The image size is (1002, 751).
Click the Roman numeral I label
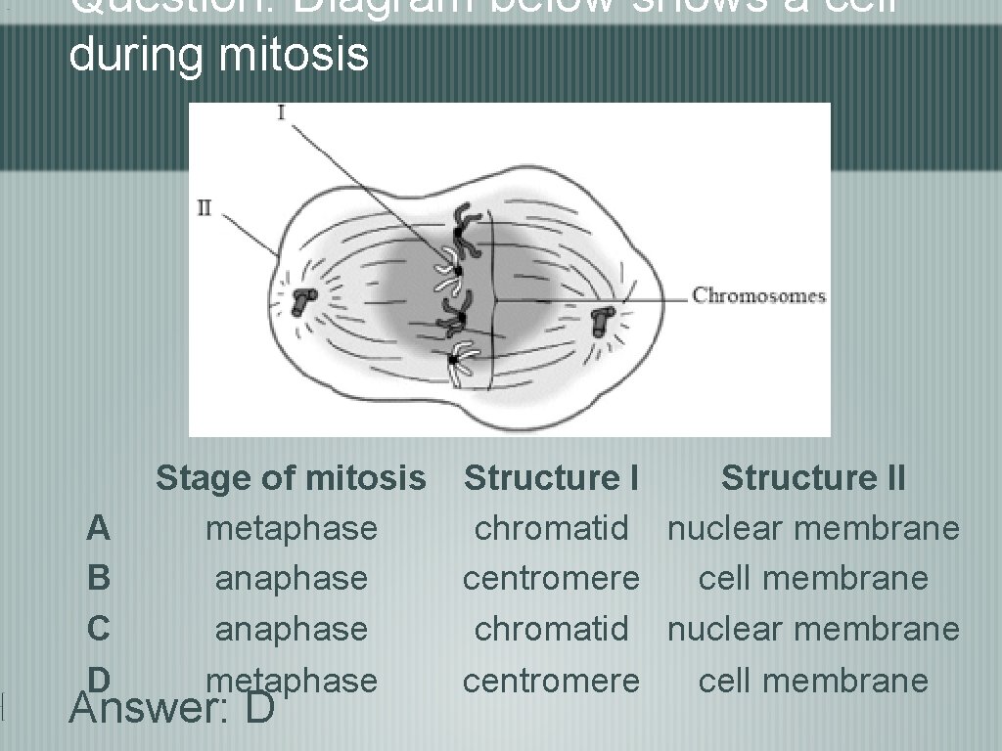tap(282, 112)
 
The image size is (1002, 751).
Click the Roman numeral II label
tap(205, 208)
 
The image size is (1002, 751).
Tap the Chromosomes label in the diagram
tap(759, 295)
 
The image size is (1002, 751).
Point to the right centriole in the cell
tap(603, 319)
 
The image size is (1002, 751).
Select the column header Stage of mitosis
tap(292, 478)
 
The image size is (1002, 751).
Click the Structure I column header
tap(551, 478)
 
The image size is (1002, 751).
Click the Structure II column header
tap(813, 478)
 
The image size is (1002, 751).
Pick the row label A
tap(98, 529)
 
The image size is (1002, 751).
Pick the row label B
tap(98, 579)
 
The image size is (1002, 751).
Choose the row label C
tap(98, 629)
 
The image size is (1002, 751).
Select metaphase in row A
tap(292, 529)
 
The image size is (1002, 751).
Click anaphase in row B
tap(292, 579)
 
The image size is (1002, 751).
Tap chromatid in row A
tap(551, 529)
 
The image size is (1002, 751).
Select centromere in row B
tap(551, 579)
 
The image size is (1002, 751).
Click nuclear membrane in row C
tap(813, 629)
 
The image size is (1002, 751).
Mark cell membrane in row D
tap(813, 680)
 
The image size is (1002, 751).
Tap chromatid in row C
tap(551, 629)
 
